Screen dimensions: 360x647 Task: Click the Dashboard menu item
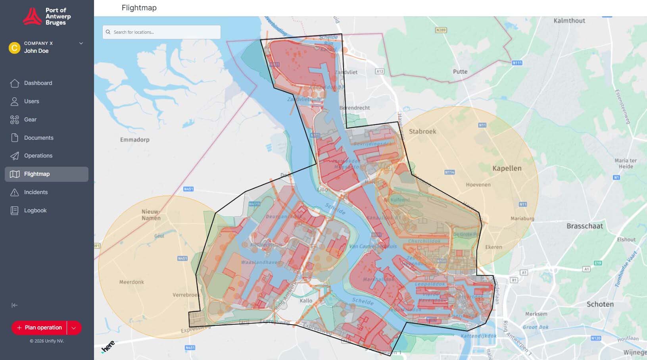point(38,83)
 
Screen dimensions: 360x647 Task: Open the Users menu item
point(31,101)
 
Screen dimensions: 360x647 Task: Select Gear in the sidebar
point(30,119)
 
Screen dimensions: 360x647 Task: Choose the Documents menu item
point(38,138)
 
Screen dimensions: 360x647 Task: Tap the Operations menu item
point(38,156)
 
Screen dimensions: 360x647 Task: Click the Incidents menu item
point(36,192)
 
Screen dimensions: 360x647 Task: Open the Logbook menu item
point(35,210)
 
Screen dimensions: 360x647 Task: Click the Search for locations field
point(162,32)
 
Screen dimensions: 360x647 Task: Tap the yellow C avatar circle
point(14,48)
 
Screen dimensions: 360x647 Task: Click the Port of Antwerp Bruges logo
point(47,16)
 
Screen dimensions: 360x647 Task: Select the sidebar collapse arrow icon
point(15,305)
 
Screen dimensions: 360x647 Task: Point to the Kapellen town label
point(507,168)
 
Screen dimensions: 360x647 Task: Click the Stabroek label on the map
point(422,131)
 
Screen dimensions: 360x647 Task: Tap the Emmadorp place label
point(134,140)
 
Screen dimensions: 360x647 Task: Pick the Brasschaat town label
point(584,226)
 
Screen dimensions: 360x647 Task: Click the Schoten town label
point(600,304)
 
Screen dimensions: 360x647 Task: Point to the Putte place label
point(460,71)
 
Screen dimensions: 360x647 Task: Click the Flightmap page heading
point(139,8)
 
